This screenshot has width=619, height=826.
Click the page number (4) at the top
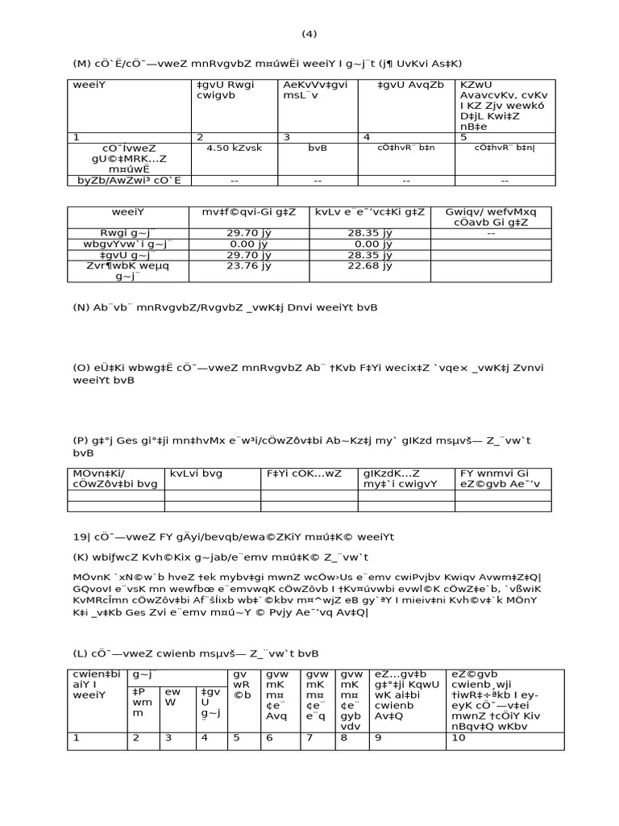(x=309, y=34)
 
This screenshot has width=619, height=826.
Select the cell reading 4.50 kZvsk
(x=231, y=148)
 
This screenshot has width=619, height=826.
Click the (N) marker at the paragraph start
(x=83, y=308)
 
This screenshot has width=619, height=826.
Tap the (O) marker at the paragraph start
(x=83, y=367)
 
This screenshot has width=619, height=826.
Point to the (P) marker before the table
(x=82, y=440)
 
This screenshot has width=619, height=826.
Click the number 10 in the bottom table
(x=460, y=737)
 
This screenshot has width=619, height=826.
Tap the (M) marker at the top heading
(x=83, y=64)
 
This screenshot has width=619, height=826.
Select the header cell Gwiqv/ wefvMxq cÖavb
(x=491, y=217)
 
